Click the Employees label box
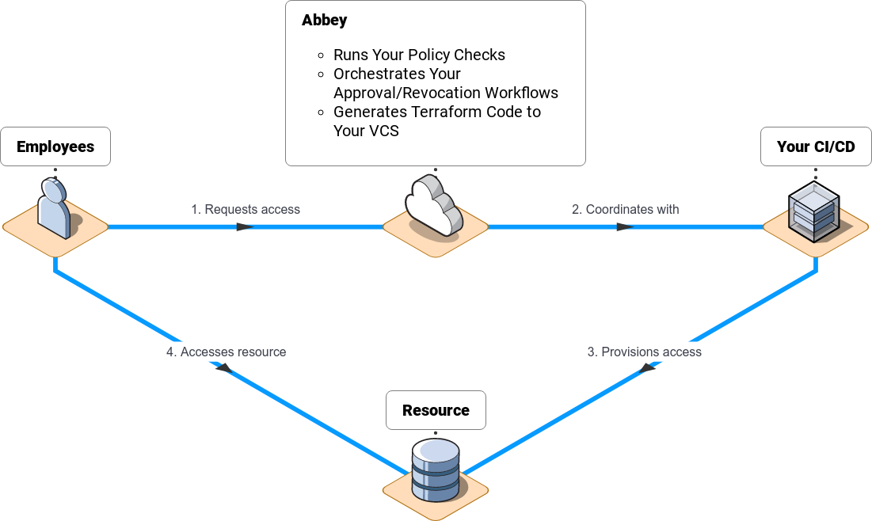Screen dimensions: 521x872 [x=55, y=146]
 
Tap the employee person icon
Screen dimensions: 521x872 [x=55, y=207]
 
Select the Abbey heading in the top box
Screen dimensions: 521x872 [x=324, y=21]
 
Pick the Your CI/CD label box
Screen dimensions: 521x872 [x=816, y=146]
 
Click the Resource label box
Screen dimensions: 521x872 [x=436, y=410]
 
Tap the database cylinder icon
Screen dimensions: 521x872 [x=436, y=470]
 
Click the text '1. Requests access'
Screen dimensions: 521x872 [x=246, y=210]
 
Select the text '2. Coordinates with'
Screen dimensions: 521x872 [x=626, y=210]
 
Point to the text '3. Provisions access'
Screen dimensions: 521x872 [x=645, y=352]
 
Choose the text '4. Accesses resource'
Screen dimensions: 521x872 [x=227, y=352]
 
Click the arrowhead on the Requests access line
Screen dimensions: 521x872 [x=245, y=227]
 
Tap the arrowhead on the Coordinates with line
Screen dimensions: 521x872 [x=626, y=227]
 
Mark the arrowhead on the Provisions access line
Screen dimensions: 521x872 [x=648, y=367]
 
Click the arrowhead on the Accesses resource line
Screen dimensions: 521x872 [x=223, y=367]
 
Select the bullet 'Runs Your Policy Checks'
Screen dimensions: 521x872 [x=419, y=55]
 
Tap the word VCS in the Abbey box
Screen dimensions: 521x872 [x=383, y=131]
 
